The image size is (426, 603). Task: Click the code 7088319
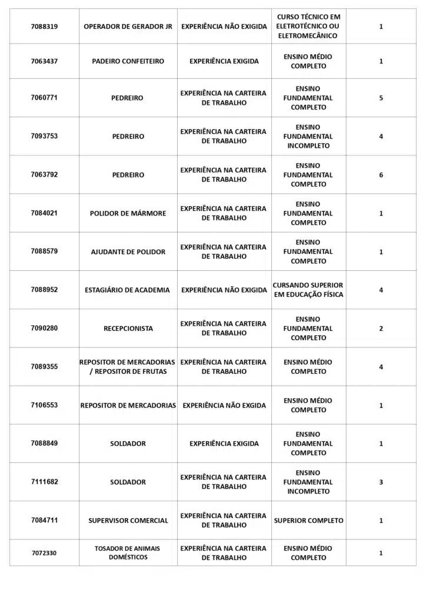pyautogui.click(x=44, y=26)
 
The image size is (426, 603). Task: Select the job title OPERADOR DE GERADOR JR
pyautogui.click(x=128, y=26)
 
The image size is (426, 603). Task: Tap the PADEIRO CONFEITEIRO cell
pyautogui.click(x=128, y=61)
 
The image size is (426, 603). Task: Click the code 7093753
pyautogui.click(x=44, y=136)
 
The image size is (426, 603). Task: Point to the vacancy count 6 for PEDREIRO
pyautogui.click(x=381, y=175)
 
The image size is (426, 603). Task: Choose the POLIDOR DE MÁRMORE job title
pyautogui.click(x=128, y=213)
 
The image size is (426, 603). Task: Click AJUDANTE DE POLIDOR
pyautogui.click(x=128, y=252)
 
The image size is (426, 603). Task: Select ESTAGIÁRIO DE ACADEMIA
pyautogui.click(x=127, y=290)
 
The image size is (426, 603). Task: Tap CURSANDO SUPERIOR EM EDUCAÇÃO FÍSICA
pyautogui.click(x=308, y=290)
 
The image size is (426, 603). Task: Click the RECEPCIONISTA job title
pyautogui.click(x=128, y=329)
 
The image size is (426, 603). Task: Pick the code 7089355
pyautogui.click(x=44, y=367)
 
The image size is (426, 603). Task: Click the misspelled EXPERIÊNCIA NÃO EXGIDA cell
pyautogui.click(x=224, y=405)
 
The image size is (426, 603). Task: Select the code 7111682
pyautogui.click(x=44, y=482)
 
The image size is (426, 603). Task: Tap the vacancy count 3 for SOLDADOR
pyautogui.click(x=381, y=482)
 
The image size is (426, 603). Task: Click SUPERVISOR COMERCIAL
pyautogui.click(x=128, y=521)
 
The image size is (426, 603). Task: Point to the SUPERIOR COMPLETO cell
pyautogui.click(x=308, y=521)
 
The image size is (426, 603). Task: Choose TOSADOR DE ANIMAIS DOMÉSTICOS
pyautogui.click(x=127, y=552)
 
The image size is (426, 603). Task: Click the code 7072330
pyautogui.click(x=44, y=553)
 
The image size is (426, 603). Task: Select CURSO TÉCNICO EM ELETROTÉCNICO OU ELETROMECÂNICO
pyautogui.click(x=308, y=26)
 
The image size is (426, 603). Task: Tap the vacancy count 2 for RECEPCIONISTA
pyautogui.click(x=381, y=329)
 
